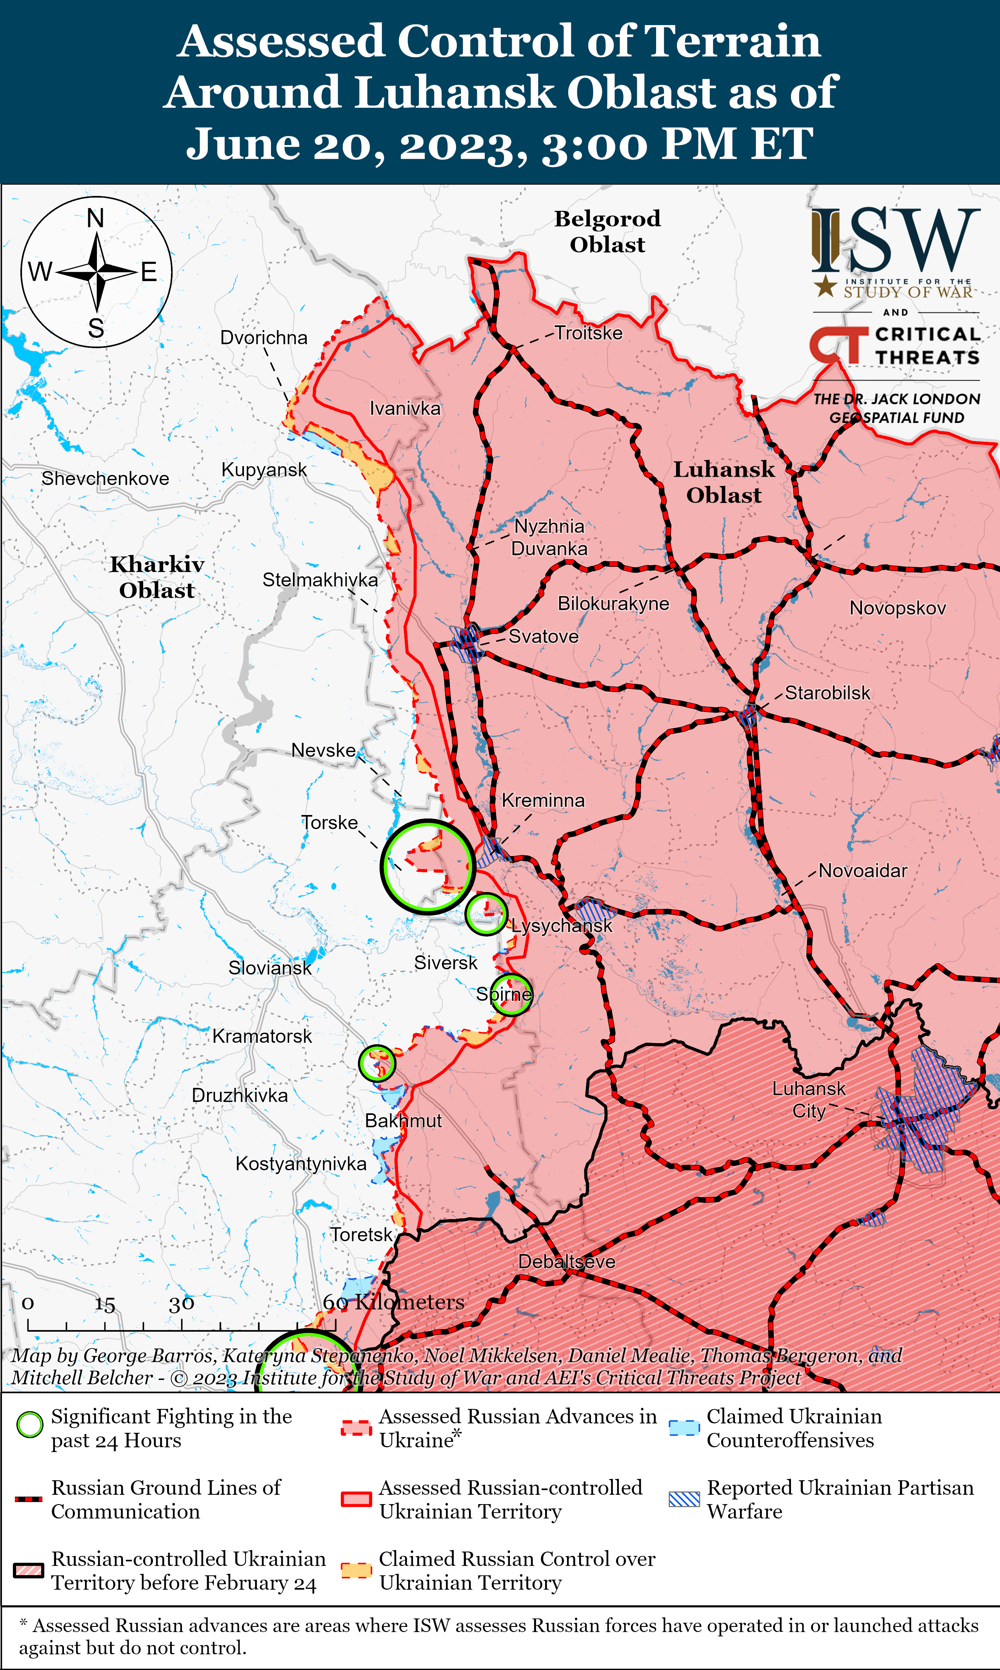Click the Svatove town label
(x=543, y=637)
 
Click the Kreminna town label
(x=543, y=801)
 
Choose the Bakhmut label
(x=403, y=1121)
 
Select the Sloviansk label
(x=269, y=968)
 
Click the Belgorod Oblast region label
(x=607, y=231)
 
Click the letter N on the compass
(x=96, y=218)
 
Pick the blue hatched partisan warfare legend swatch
(x=684, y=1499)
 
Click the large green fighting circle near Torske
(x=428, y=866)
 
